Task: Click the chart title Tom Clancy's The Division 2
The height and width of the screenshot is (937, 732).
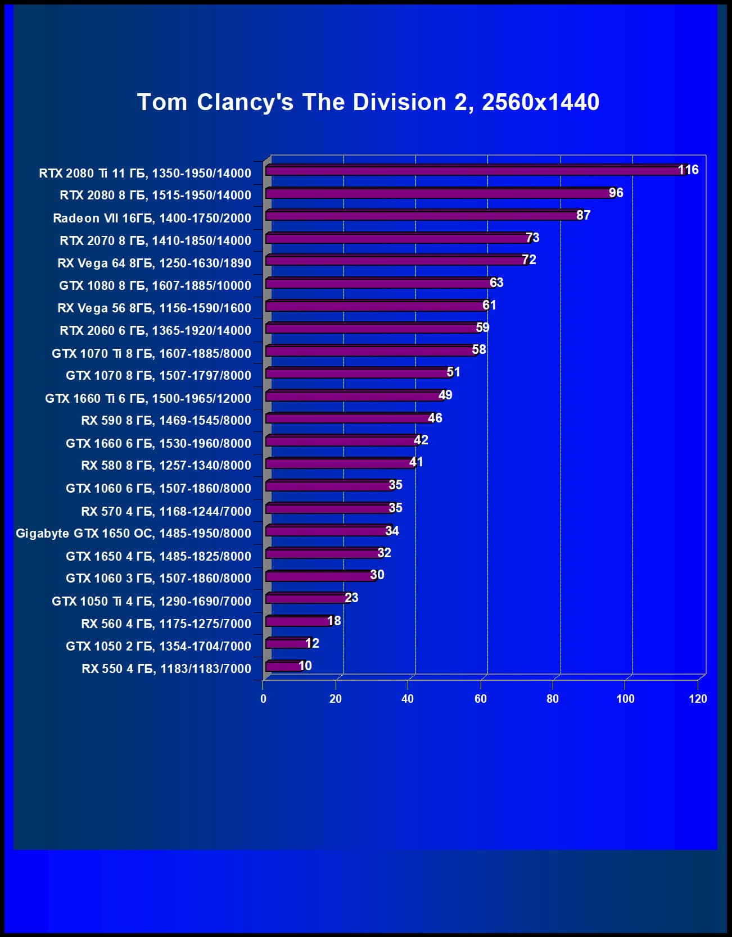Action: [368, 102]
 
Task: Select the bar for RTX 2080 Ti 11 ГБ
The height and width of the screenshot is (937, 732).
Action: [475, 170]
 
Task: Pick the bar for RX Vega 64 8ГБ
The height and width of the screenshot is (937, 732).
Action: [396, 261]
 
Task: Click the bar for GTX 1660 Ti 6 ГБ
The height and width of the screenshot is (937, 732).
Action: [354, 396]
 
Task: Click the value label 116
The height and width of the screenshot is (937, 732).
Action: [688, 170]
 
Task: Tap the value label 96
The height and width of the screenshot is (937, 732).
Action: [616, 193]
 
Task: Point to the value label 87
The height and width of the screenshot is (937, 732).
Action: [583, 215]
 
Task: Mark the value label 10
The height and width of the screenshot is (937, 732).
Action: [305, 666]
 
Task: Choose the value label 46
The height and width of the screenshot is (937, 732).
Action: [435, 418]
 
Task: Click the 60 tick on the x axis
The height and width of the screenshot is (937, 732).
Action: [481, 699]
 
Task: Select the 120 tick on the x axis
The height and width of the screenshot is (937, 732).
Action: [698, 699]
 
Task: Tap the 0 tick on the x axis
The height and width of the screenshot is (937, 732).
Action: [263, 699]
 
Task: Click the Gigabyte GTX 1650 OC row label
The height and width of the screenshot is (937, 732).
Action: [133, 533]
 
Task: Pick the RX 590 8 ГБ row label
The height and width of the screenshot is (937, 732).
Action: [166, 420]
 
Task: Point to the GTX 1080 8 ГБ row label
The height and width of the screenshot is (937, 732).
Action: [155, 285]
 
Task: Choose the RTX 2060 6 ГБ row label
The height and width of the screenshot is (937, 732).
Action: [155, 330]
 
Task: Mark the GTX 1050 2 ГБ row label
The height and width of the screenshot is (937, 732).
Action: [159, 646]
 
